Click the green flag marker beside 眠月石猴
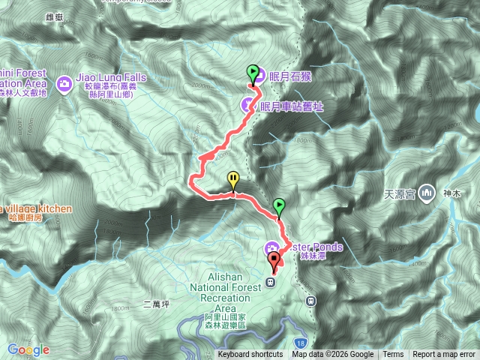click(x=253, y=73)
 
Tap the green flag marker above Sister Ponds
click(x=279, y=205)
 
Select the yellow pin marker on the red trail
click(x=234, y=179)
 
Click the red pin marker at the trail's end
click(x=274, y=260)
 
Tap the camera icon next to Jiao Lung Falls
click(x=65, y=80)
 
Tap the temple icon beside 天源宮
click(x=427, y=193)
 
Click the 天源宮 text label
click(x=400, y=193)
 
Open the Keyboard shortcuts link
click(x=250, y=355)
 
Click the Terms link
click(x=393, y=355)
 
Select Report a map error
click(x=444, y=355)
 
